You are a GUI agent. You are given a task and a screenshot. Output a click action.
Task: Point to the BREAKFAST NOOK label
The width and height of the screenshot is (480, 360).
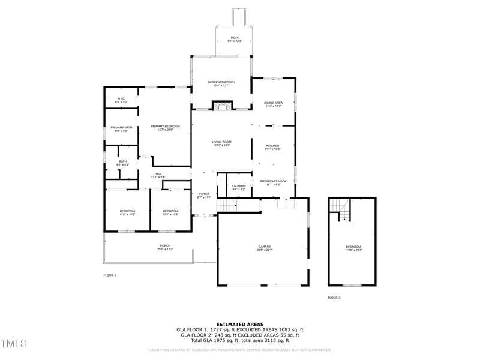click(273, 182)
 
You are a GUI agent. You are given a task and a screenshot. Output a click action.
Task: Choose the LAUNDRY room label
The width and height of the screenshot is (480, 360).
click(239, 187)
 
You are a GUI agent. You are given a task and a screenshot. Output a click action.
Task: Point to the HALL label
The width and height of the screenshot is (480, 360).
click(157, 175)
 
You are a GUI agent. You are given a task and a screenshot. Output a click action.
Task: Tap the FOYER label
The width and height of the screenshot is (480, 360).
click(205, 195)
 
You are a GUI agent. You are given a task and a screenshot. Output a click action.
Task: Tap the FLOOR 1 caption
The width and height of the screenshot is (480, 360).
click(110, 275)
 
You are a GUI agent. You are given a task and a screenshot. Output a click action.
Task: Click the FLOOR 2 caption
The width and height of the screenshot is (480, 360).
click(334, 298)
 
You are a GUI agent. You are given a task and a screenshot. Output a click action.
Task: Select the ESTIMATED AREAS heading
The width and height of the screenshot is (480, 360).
click(239, 324)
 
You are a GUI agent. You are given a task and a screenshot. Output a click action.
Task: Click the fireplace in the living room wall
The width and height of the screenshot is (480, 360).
click(221, 106)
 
